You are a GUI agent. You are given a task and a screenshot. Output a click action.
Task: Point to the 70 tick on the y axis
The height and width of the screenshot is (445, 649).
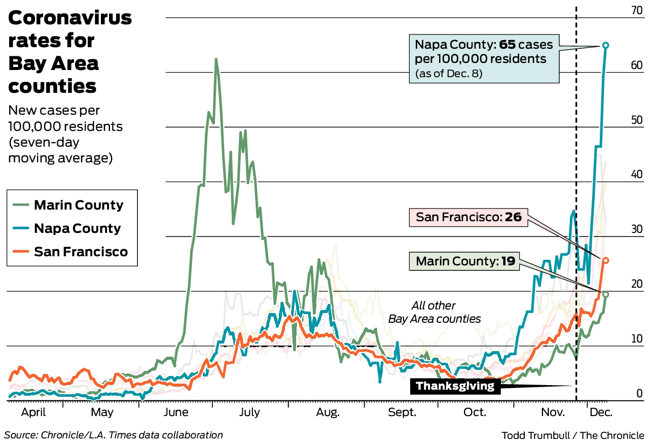point(636,10)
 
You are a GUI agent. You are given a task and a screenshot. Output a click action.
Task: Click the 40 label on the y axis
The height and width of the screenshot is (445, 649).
point(636,175)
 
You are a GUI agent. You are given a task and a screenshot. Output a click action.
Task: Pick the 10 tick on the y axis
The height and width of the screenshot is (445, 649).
point(636,339)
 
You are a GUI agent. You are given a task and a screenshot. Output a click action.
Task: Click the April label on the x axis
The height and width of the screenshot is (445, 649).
point(33,412)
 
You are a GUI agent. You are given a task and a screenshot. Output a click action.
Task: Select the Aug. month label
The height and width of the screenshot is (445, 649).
point(328,412)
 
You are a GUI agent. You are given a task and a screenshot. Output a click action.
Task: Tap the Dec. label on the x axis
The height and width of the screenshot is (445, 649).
point(601,412)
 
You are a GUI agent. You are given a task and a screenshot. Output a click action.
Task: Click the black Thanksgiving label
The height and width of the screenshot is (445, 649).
point(455,387)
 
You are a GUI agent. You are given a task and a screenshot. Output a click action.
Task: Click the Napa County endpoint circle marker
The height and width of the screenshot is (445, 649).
point(605,46)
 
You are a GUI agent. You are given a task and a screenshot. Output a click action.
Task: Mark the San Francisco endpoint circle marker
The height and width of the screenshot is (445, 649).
point(605,260)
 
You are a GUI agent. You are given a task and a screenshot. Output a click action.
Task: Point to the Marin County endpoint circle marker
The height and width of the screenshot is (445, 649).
point(605,294)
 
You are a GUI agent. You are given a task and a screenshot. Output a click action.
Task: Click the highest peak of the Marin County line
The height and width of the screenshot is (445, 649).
point(216,59)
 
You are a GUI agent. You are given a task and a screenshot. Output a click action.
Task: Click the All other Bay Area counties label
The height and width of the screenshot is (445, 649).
point(434,312)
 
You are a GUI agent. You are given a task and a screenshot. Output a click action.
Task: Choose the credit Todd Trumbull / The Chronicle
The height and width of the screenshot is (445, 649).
point(572,435)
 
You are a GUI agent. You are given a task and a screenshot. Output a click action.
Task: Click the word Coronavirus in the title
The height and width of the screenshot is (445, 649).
point(70,18)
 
